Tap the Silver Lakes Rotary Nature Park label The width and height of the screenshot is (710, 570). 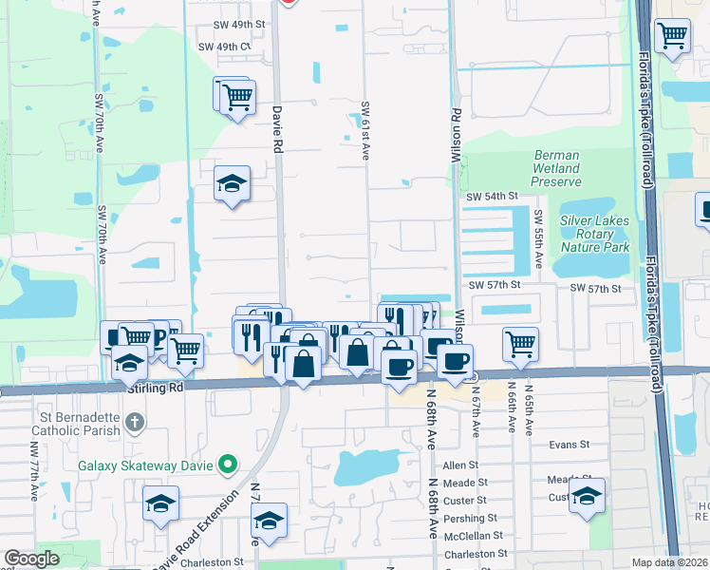point(595,233)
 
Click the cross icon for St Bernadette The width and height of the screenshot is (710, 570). point(135,420)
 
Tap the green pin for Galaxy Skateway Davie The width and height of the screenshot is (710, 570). point(227,464)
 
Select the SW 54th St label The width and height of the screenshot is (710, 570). point(491,196)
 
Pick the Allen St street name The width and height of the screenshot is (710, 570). point(460,465)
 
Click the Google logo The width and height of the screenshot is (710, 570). point(31,559)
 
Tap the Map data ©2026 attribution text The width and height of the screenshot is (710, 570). point(670,562)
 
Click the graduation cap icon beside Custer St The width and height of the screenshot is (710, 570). point(588,497)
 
